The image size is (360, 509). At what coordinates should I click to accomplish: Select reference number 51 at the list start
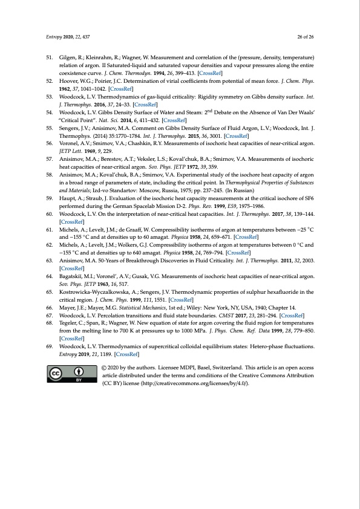[51, 56]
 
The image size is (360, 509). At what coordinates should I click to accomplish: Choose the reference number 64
[51, 293]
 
